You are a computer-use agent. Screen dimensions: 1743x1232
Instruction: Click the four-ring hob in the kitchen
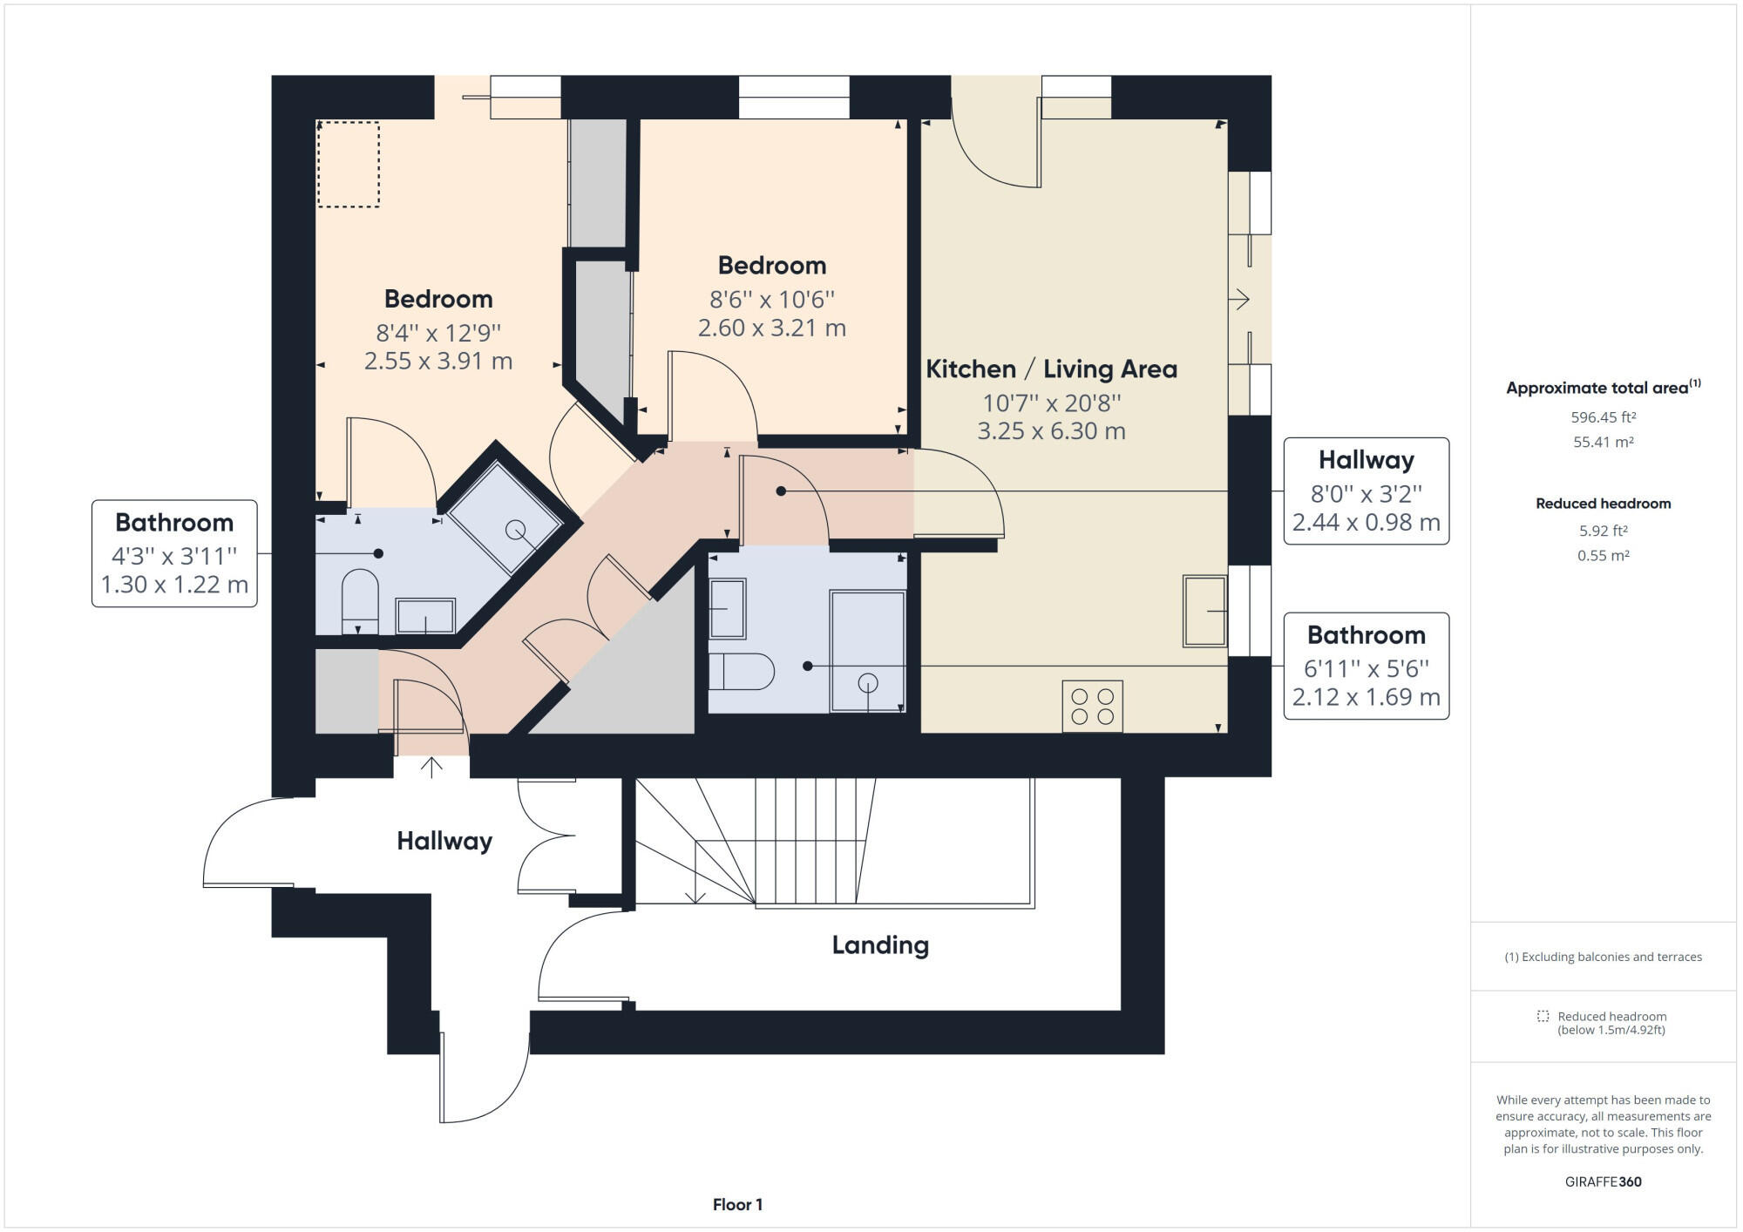click(x=1092, y=707)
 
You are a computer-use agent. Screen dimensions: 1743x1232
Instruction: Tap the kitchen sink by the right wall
click(x=1204, y=611)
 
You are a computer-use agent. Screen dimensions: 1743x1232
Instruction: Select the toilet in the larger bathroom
click(x=742, y=672)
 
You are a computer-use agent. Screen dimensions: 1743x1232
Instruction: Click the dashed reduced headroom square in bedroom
click(x=348, y=164)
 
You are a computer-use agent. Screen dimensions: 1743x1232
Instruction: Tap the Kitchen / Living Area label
click(x=1051, y=369)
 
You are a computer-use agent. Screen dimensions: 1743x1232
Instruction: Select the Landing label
click(x=880, y=945)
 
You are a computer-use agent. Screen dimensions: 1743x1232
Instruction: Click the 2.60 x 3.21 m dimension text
click(x=771, y=328)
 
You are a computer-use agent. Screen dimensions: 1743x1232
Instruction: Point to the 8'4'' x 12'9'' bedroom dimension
click(x=437, y=333)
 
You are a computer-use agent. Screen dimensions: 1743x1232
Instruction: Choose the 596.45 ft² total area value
click(x=1603, y=417)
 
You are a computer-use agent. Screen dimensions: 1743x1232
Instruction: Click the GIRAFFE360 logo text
click(x=1603, y=1181)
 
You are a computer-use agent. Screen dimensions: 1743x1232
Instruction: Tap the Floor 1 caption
click(x=737, y=1205)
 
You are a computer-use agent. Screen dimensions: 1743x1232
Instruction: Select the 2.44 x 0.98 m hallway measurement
click(x=1366, y=523)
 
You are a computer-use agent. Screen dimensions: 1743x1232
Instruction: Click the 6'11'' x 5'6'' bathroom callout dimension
click(x=1366, y=668)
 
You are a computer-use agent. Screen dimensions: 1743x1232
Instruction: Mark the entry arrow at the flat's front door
click(x=431, y=766)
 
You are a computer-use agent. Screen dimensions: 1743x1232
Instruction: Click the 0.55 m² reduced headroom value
click(x=1603, y=555)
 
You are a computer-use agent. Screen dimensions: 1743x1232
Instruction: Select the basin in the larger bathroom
click(x=727, y=608)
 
